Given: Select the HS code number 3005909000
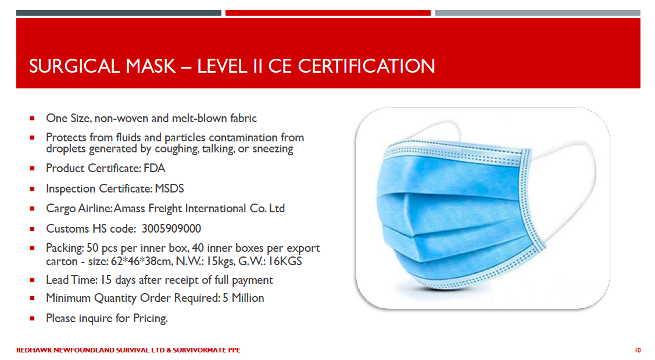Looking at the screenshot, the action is pos(171,229).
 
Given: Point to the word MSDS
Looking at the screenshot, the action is pos(169,188).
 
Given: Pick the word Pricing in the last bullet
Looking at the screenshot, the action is pos(151,319).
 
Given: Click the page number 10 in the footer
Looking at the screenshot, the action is pos(638,350).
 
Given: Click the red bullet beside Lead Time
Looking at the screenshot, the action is pos(32,280).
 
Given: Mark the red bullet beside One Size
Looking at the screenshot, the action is pos(32,118).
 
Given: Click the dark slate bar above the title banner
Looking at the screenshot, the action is pos(119,13).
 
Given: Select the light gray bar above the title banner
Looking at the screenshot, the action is pos(538,13).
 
